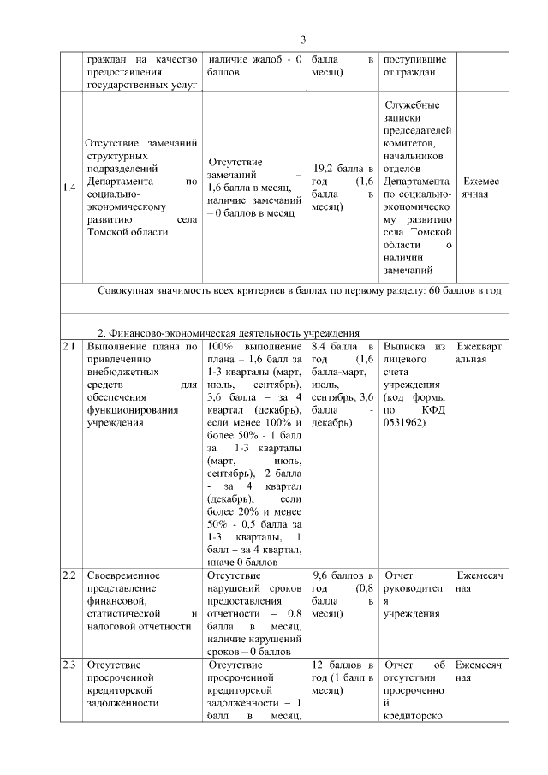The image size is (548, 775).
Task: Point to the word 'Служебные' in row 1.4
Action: (x=413, y=104)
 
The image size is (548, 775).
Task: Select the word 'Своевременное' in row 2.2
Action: (x=123, y=575)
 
